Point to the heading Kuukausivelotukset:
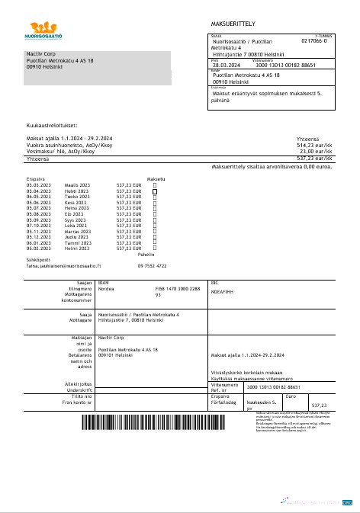[52, 124]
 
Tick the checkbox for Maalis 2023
[156, 184]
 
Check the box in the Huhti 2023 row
[156, 191]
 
